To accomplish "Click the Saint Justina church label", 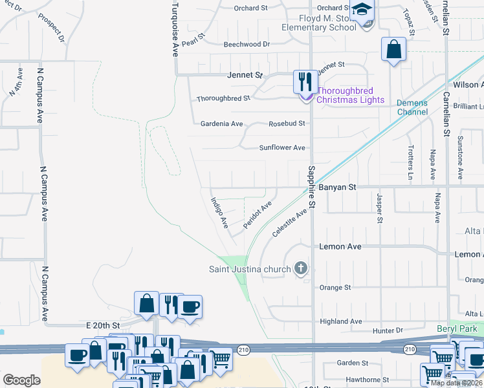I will [249, 269].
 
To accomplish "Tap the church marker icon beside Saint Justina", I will [300, 268].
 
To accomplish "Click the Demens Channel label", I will [412, 107].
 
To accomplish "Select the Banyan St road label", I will [337, 187].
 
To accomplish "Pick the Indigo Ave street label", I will [219, 213].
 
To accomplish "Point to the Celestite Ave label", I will [289, 222].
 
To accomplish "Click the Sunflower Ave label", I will [282, 147].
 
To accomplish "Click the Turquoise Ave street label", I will [175, 29].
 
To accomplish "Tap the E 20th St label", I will [103, 325].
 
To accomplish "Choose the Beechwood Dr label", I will [247, 44].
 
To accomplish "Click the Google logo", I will [21, 380].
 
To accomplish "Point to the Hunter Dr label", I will [388, 331].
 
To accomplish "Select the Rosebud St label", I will [287, 123].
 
